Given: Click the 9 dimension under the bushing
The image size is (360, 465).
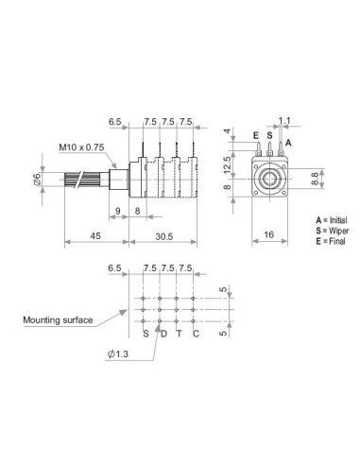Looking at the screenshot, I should [x=116, y=212].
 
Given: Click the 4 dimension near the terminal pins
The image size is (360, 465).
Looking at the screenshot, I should [x=227, y=130].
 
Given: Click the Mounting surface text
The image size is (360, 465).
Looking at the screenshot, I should [x=58, y=320].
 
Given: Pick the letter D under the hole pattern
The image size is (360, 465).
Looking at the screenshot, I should [x=162, y=333].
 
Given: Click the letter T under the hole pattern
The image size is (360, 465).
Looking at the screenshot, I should [x=179, y=333].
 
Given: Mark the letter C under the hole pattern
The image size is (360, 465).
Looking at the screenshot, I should [x=196, y=333].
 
